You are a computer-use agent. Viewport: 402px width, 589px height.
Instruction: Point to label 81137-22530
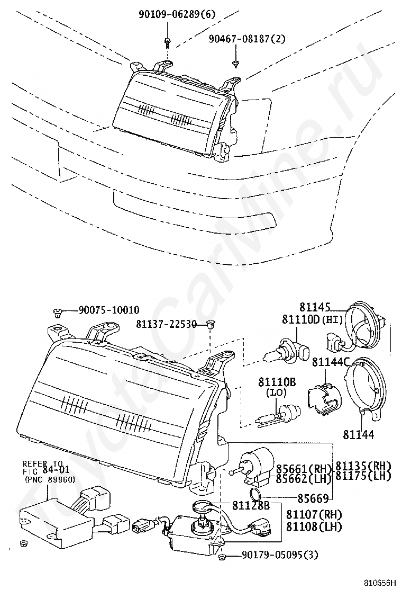(166, 324)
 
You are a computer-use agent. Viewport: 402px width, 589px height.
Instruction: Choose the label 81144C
(331, 362)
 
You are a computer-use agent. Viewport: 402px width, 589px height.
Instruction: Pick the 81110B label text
(277, 382)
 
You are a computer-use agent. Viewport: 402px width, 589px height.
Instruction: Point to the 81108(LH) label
(314, 527)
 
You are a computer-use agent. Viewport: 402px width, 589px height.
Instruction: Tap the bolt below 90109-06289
(167, 42)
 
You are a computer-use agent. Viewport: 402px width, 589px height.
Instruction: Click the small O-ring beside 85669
(255, 495)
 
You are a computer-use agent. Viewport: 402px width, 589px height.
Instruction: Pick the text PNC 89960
(50, 479)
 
